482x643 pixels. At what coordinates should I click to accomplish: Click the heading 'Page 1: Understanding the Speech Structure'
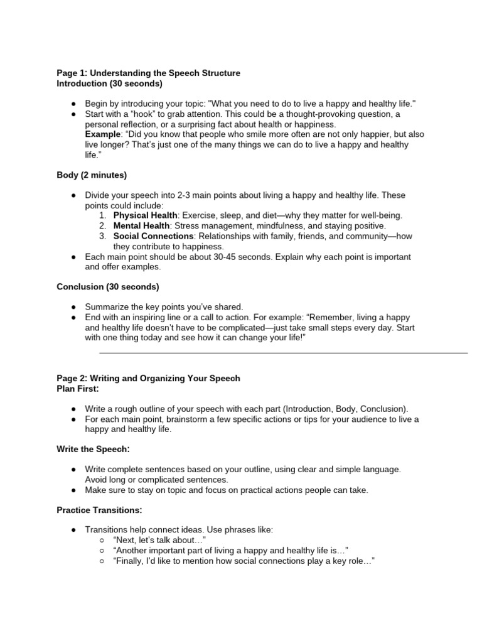point(148,73)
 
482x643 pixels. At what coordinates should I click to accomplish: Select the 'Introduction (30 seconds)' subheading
point(109,83)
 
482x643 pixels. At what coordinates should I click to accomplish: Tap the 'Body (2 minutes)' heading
point(92,175)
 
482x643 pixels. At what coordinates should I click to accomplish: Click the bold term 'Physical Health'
point(145,215)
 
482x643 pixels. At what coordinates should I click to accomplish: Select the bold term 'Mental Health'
point(141,225)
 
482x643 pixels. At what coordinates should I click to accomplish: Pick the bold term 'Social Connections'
point(153,236)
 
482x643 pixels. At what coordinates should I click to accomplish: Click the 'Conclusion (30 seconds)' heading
point(107,287)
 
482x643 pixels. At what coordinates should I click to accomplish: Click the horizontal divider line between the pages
point(283,353)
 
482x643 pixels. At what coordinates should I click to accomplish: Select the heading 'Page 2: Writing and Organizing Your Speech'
point(148,379)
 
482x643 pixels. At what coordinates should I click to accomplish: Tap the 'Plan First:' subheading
point(78,389)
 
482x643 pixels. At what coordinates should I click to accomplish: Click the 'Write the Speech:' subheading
point(93,450)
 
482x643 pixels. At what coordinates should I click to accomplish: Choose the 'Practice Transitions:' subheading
point(99,511)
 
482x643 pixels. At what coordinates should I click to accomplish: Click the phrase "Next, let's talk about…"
point(160,541)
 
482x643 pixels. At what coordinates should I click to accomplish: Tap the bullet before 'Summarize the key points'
point(73,308)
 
